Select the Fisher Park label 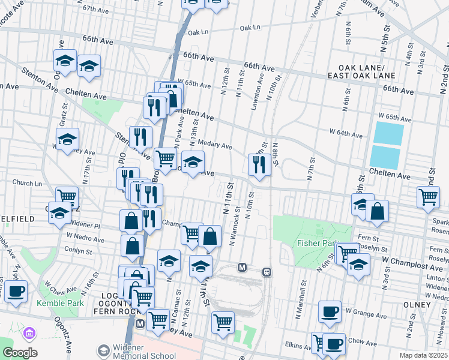pyautogui.click(x=315, y=243)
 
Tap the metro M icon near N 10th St pyautogui.click(x=243, y=267)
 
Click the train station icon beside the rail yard pyautogui.click(x=267, y=272)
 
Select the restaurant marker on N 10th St pyautogui.click(x=259, y=164)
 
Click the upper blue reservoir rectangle pyautogui.click(x=388, y=132)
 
